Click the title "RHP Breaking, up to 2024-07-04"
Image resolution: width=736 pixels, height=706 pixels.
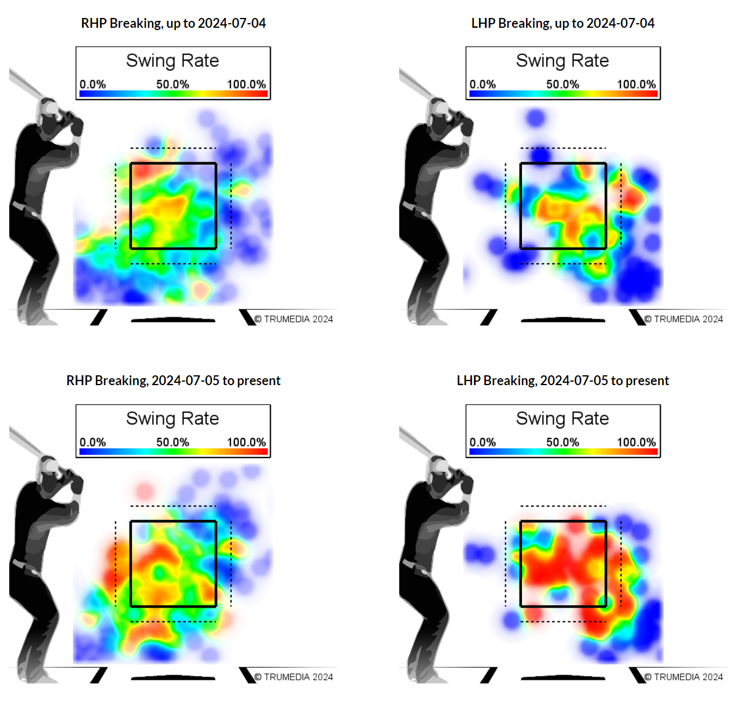click(x=173, y=23)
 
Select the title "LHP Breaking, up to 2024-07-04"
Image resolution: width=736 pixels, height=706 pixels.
click(x=562, y=23)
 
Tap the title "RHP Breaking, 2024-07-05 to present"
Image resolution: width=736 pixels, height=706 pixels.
click(x=173, y=381)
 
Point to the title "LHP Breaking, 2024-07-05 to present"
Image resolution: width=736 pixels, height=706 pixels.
click(x=562, y=381)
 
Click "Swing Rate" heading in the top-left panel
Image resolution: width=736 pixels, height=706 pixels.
click(x=172, y=61)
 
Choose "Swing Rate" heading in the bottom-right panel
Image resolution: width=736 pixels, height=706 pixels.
click(x=562, y=418)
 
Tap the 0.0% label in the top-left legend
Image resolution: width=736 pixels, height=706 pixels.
click(x=93, y=84)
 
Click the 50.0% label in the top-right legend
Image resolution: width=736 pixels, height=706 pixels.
click(x=562, y=84)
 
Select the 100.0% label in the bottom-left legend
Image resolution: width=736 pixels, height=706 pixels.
click(x=246, y=442)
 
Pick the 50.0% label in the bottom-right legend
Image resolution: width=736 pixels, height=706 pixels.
click(x=562, y=442)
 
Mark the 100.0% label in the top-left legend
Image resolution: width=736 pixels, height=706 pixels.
click(x=246, y=84)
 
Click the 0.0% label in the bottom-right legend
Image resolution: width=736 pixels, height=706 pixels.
click(x=483, y=442)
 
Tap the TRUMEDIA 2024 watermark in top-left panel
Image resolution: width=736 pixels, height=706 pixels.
click(x=294, y=319)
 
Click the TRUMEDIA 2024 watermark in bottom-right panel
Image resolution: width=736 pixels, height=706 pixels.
click(x=684, y=677)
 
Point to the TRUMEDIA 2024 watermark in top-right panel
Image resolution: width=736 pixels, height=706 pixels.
click(x=684, y=319)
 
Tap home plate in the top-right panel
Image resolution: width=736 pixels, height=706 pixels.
click(x=563, y=319)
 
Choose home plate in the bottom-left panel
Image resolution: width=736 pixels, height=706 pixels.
click(x=173, y=677)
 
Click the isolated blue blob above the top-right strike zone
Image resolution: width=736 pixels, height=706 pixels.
click(x=536, y=118)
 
